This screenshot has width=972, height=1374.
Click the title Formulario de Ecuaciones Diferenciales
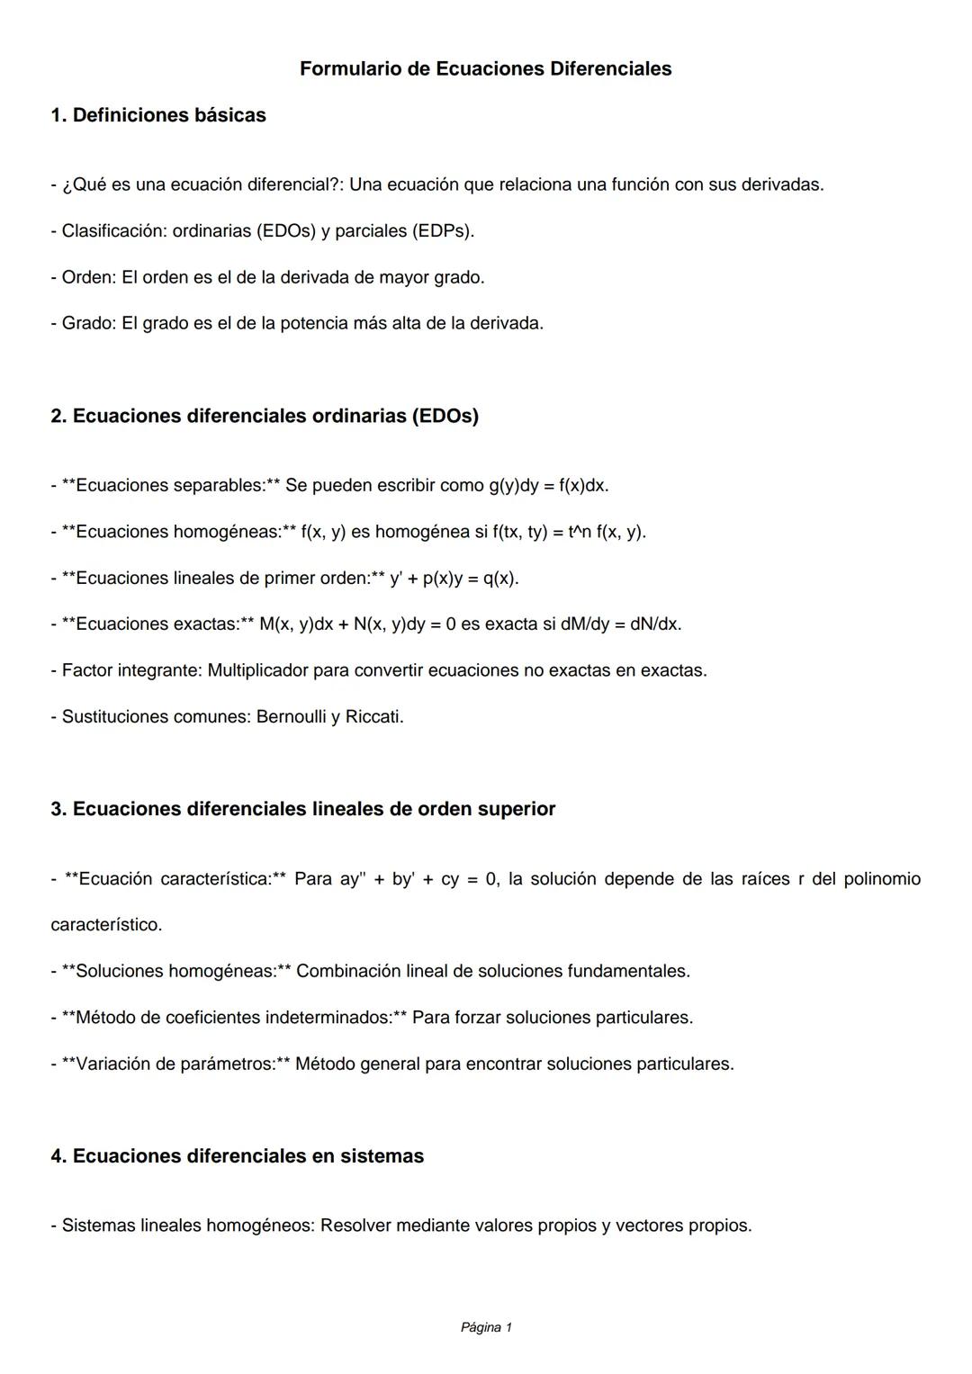tap(485, 68)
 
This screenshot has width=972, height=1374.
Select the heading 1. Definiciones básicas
tap(158, 115)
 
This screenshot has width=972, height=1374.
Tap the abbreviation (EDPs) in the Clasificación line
tap(441, 231)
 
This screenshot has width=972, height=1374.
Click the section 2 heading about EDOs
tap(265, 416)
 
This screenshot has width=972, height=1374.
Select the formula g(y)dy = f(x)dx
tap(548, 486)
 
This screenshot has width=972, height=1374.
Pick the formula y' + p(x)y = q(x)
tap(454, 579)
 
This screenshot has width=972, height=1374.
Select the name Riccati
tap(373, 717)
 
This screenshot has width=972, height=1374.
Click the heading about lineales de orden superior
tap(303, 809)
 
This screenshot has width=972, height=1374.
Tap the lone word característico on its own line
tap(106, 925)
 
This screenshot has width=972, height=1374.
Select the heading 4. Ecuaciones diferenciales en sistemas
tap(238, 1156)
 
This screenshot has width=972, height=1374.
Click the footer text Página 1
tap(486, 1327)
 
